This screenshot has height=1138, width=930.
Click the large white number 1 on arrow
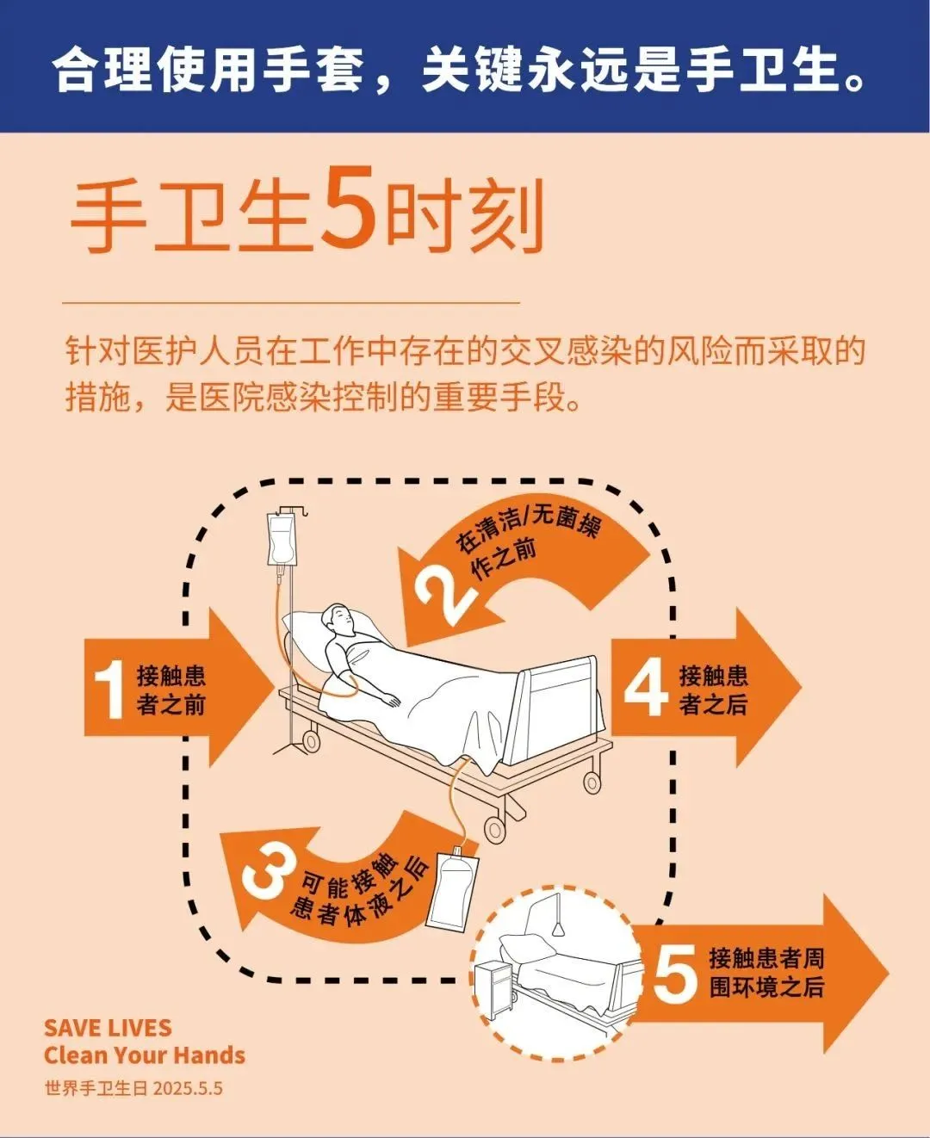click(x=110, y=690)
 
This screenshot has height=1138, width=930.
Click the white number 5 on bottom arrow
click(x=675, y=974)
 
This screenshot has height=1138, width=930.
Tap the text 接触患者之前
click(x=171, y=690)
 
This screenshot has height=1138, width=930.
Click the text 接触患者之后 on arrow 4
click(x=713, y=690)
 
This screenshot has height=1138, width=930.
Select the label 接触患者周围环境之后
click(x=766, y=973)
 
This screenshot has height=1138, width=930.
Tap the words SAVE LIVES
click(x=108, y=1028)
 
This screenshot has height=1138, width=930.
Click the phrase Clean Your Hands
click(x=144, y=1055)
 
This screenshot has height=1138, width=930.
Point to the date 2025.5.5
click(x=188, y=1088)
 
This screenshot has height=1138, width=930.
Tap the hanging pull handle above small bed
click(x=558, y=928)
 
